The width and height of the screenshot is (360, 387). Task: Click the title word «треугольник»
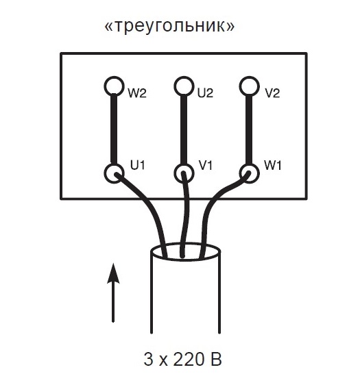169,26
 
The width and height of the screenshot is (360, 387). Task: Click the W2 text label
137,93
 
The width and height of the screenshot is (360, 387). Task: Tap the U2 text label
205,93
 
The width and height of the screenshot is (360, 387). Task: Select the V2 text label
272,93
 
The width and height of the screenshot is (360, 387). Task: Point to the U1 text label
138,165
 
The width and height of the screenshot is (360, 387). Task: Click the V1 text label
206,165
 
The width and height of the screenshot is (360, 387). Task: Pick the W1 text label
273,165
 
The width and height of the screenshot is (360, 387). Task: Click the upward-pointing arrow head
113,273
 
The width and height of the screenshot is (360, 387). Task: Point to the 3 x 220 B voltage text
182,359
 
